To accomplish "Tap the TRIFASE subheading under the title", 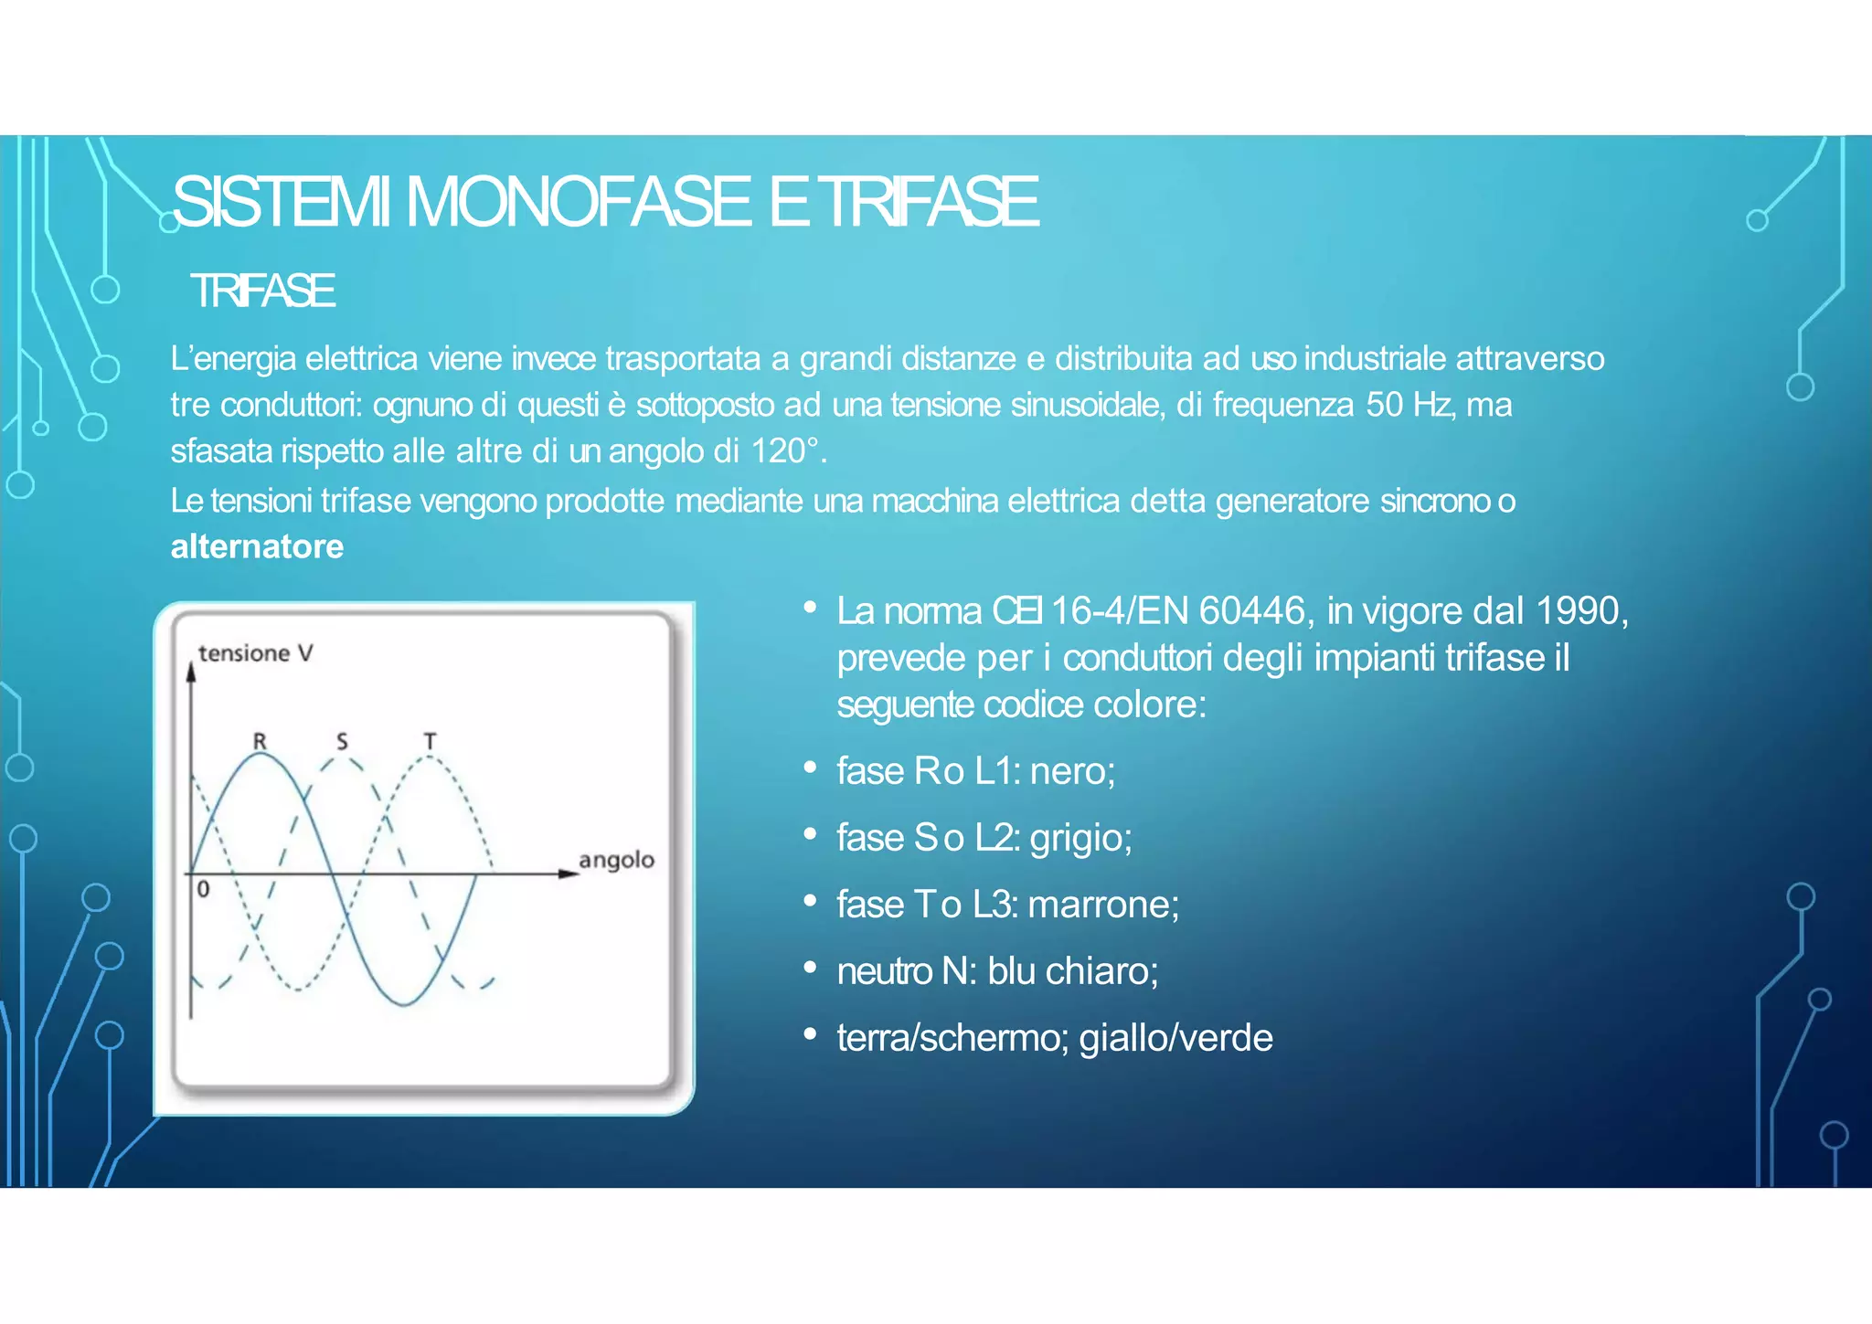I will [x=262, y=291].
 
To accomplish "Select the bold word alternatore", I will [x=257, y=546].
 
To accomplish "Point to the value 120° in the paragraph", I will [x=784, y=451].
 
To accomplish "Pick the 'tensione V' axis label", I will [x=256, y=653].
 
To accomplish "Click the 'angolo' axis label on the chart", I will [x=616, y=860].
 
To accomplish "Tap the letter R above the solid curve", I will [x=260, y=741].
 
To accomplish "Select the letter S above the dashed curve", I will [x=342, y=741].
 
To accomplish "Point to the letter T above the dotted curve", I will [x=430, y=741].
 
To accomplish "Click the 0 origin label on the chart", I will [x=203, y=889].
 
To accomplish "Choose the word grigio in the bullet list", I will [x=1080, y=839].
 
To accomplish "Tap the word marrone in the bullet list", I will [x=1102, y=905].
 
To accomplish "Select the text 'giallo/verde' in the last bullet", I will [x=1175, y=1038].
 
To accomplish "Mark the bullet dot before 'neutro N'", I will [x=810, y=968].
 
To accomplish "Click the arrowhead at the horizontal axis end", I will [x=569, y=874].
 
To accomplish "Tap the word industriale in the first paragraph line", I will [x=1375, y=358].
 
